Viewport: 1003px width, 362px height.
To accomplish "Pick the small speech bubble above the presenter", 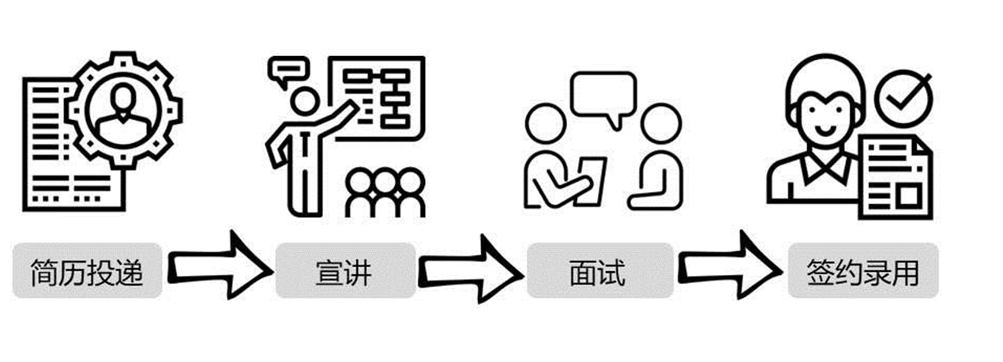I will point(287,72).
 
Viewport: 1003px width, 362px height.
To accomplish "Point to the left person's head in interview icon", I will point(547,125).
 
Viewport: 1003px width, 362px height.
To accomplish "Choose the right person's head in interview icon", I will point(660,125).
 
